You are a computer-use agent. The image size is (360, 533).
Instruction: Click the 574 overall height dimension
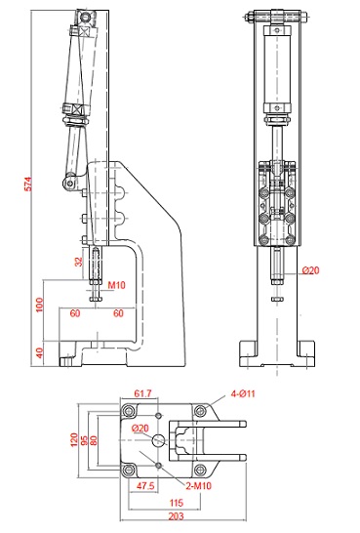[29, 184]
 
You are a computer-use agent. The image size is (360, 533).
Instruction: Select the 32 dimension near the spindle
[79, 262]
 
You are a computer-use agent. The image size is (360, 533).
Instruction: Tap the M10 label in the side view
[116, 285]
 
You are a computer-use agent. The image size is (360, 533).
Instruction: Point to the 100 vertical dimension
[40, 305]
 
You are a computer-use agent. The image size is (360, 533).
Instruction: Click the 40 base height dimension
[40, 352]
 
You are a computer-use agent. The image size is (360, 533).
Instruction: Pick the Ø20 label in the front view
[311, 270]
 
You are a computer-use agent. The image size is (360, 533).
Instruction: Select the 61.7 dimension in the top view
[142, 393]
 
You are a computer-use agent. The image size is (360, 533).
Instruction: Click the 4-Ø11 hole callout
[243, 393]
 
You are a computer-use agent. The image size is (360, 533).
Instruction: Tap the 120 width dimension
[74, 440]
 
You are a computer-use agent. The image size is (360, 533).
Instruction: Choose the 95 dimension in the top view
[85, 440]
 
